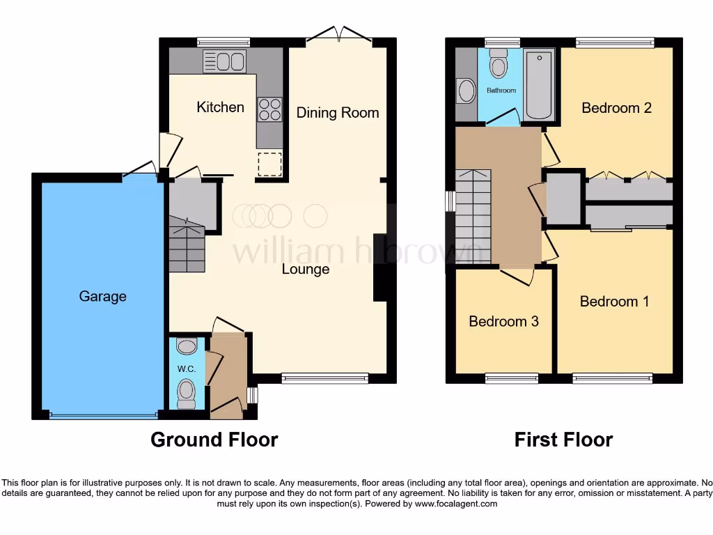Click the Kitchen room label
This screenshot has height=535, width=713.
click(220, 107)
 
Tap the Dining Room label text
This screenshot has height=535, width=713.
click(338, 112)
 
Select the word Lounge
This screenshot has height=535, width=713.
click(305, 269)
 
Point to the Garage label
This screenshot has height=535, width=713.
click(102, 296)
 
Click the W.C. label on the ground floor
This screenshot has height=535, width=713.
click(187, 367)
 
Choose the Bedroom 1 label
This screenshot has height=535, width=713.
click(614, 301)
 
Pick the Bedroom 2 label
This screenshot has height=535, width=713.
click(616, 108)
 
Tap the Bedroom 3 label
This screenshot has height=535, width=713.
click(503, 321)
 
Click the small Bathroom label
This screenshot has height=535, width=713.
click(501, 91)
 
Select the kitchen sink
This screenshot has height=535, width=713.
click(224, 61)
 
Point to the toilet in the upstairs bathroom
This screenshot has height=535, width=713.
click(499, 63)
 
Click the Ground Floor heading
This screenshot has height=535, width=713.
click(214, 440)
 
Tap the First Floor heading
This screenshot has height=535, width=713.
click(563, 440)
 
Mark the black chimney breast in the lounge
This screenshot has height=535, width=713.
click(380, 268)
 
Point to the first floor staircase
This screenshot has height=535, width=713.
click(472, 216)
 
